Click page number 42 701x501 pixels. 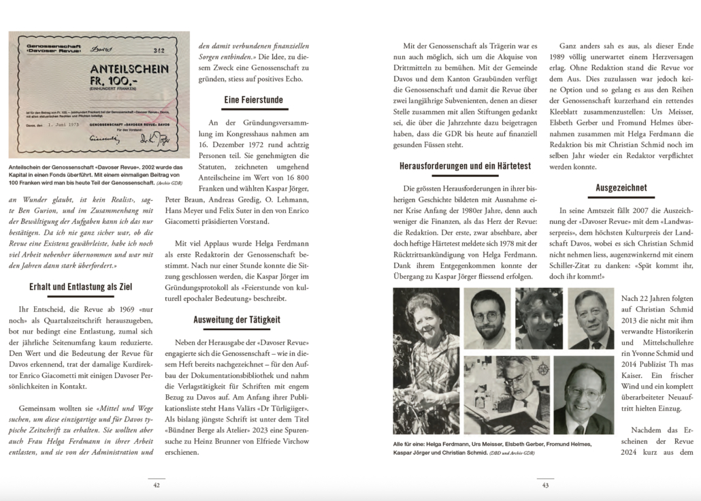[x=157, y=485]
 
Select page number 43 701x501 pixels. [x=545, y=485]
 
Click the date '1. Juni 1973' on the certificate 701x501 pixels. [x=63, y=125]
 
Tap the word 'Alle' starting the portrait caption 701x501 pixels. [x=400, y=444]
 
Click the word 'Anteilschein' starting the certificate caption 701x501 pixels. [x=28, y=166]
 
